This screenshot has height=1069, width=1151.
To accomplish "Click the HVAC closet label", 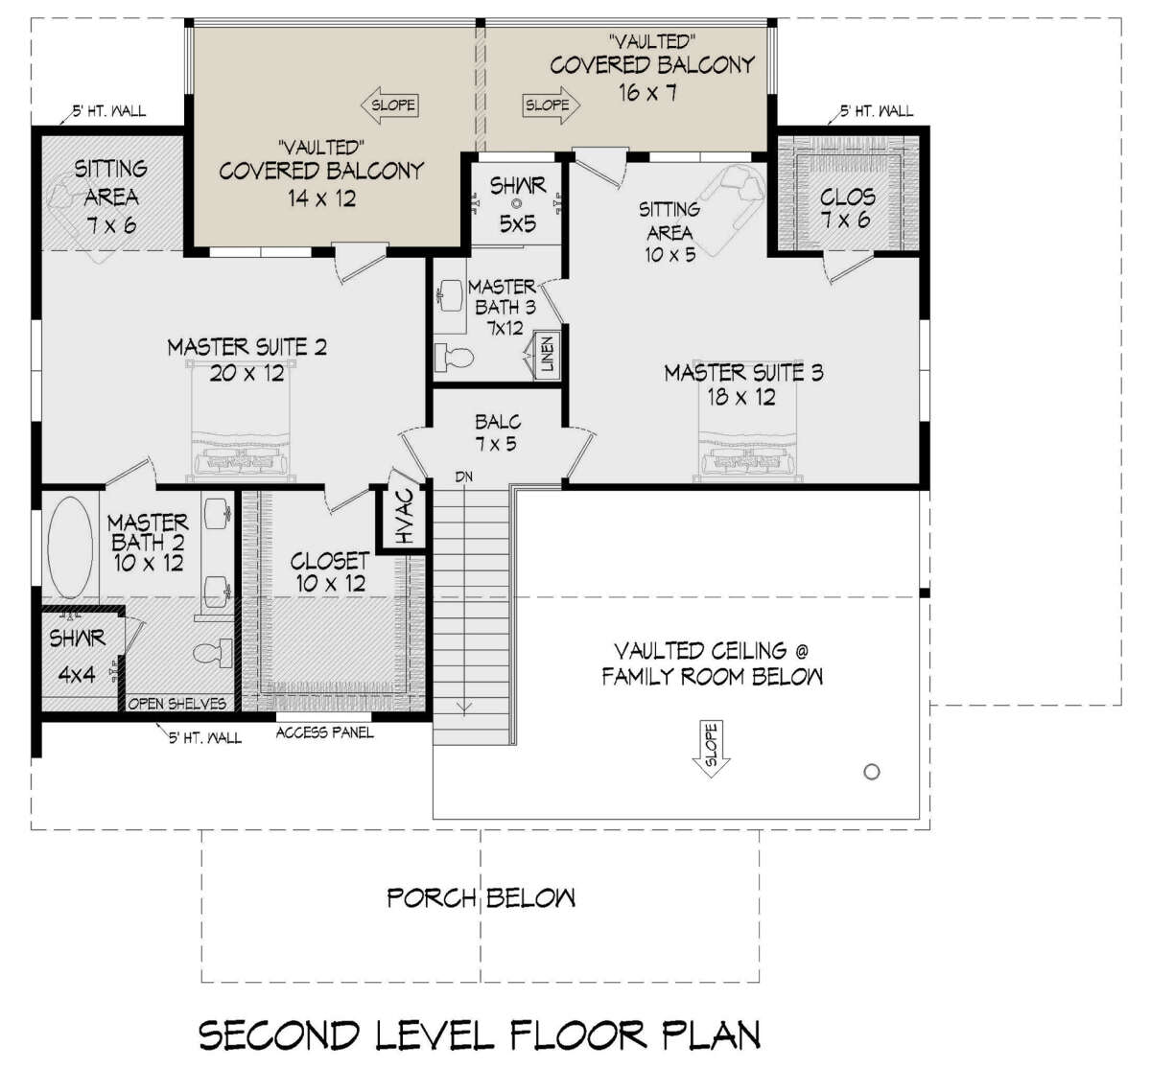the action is [406, 517].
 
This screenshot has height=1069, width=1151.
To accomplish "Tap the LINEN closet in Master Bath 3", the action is [548, 355].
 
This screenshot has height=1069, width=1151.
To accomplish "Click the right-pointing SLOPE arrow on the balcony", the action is [552, 105].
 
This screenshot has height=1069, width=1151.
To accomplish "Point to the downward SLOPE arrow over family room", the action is [712, 748].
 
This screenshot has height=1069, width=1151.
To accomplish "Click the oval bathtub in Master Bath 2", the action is [70, 546].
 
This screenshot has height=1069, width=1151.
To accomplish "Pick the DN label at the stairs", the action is [463, 476].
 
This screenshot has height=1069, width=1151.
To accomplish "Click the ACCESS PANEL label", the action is [324, 732].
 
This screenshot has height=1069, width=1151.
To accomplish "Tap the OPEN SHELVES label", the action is [176, 704].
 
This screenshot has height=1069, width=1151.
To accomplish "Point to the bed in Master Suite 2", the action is [241, 421].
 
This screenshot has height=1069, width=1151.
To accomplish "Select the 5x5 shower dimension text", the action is [518, 223].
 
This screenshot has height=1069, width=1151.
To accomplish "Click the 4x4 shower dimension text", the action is [77, 674].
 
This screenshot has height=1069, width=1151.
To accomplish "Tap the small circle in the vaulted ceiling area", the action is [872, 772].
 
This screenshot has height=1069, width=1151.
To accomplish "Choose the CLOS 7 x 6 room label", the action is [846, 209].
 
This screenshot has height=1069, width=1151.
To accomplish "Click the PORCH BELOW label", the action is [482, 898].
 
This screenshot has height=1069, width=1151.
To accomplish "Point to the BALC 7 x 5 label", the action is [497, 432].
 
